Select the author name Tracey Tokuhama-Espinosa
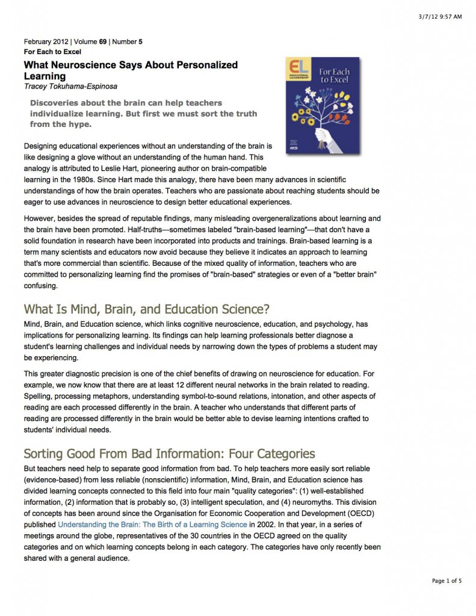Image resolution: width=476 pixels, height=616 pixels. coord(69,86)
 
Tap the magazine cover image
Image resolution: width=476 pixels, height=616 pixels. coord(322,105)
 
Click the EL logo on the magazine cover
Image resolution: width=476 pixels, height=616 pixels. coord(295,68)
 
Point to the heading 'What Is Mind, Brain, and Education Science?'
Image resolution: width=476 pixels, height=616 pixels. coord(146,310)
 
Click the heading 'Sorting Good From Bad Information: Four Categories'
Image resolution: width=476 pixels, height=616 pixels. coord(169,453)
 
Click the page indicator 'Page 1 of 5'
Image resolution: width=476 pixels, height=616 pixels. coord(447,581)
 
